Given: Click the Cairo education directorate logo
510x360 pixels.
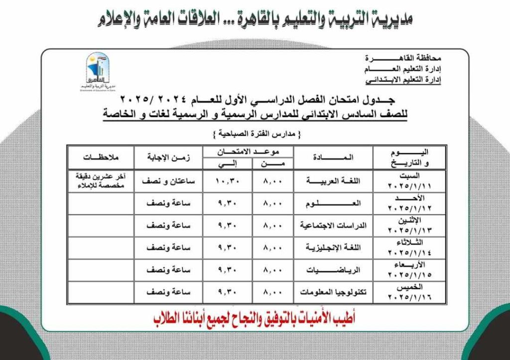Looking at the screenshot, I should (97, 72).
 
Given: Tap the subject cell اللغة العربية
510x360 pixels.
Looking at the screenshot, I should (333, 181).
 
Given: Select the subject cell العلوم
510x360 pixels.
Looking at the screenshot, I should (333, 204).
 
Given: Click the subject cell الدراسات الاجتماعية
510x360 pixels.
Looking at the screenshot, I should (333, 226).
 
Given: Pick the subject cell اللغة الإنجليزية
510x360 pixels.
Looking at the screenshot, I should (333, 247).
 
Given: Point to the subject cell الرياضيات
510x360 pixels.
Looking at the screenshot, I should (333, 269).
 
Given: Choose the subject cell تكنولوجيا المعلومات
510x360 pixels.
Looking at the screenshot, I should (333, 292).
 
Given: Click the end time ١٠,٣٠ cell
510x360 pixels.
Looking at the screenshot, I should (228, 181).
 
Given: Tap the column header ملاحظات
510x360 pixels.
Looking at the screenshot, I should (100, 157).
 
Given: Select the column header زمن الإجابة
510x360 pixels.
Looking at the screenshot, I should (168, 157).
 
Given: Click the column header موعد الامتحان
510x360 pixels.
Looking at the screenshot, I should (248, 151).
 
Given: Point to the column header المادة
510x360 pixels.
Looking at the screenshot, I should (333, 157).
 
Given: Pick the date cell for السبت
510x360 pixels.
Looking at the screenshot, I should (409, 181).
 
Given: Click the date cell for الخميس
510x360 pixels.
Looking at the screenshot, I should (409, 292).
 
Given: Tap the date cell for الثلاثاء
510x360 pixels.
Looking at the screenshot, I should (409, 247).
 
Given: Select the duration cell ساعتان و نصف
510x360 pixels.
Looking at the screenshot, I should (168, 181).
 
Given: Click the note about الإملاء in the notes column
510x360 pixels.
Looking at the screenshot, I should (100, 181).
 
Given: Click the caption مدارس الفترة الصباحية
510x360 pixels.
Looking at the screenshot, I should (255, 134).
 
